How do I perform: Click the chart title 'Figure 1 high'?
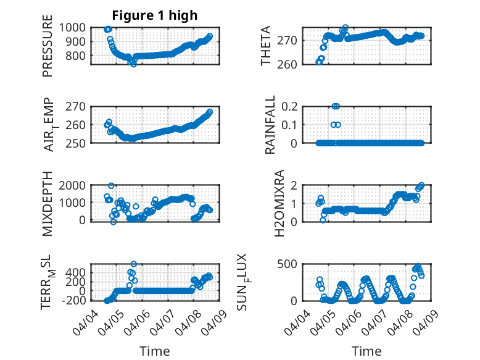coord(155,15)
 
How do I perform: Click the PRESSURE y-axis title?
coord(48,46)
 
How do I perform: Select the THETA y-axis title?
coord(267,46)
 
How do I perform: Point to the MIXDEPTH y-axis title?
coord(48,203)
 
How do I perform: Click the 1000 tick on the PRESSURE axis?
coord(76,27)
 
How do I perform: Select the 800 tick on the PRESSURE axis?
coord(79,56)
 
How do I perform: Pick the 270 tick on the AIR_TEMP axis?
coord(79,106)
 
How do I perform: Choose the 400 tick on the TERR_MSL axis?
coord(79,272)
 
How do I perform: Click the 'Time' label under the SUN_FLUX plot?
coord(366,351)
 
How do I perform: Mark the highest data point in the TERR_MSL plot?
coord(134,264)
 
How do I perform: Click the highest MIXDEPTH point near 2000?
coord(111,185)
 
